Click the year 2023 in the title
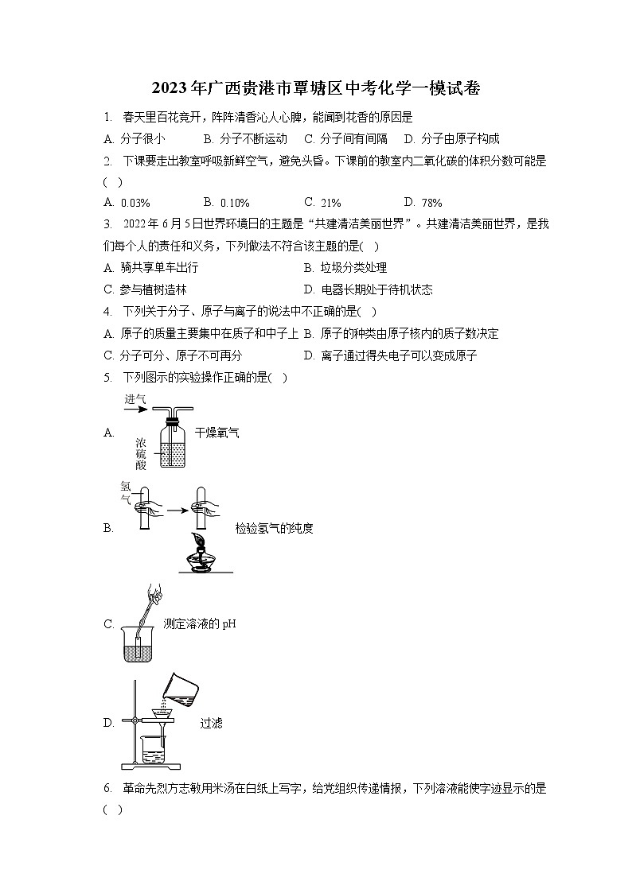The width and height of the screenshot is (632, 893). pyautogui.click(x=170, y=88)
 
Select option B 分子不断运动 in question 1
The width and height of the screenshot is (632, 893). pyautogui.click(x=245, y=139)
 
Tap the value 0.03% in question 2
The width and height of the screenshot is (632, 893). pyautogui.click(x=135, y=203)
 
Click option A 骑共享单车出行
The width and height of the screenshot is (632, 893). pyautogui.click(x=151, y=268)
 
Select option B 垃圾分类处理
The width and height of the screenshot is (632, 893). pyautogui.click(x=345, y=268)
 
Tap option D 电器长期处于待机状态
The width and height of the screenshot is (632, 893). pyautogui.click(x=369, y=290)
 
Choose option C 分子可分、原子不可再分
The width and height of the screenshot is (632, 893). pyautogui.click(x=173, y=356)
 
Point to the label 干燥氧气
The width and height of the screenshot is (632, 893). pyautogui.click(x=217, y=433)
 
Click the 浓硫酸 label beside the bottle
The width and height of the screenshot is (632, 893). pyautogui.click(x=141, y=454)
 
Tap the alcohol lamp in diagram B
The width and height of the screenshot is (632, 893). pyautogui.click(x=205, y=553)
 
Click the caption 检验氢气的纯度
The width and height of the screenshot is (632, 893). pyautogui.click(x=274, y=529)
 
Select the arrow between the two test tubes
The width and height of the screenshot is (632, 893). pyautogui.click(x=178, y=511)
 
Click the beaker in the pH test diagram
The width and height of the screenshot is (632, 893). pyautogui.click(x=138, y=643)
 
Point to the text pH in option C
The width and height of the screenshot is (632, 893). pyautogui.click(x=229, y=624)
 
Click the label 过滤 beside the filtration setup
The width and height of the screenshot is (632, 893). pyautogui.click(x=212, y=724)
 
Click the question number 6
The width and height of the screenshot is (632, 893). pyautogui.click(x=107, y=789)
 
